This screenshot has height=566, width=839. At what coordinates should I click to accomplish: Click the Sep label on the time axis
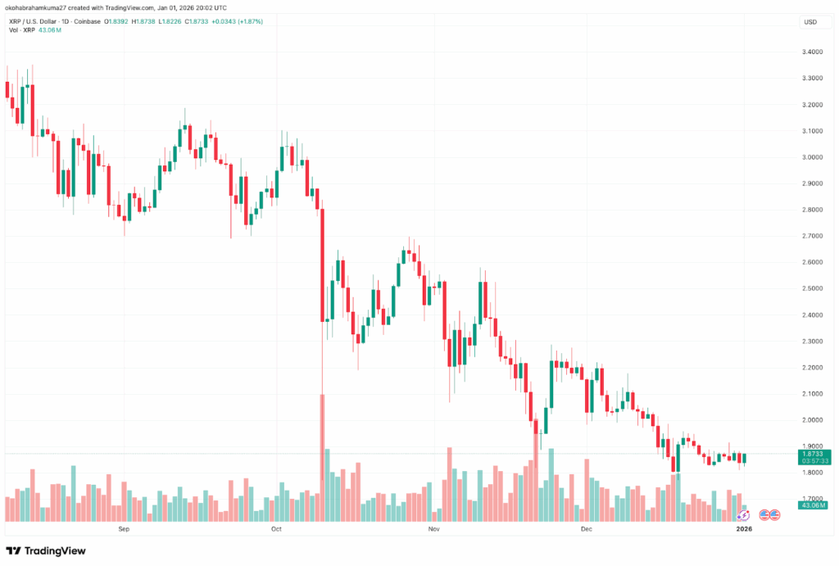click(124, 529)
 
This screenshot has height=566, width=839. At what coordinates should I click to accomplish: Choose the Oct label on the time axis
click(275, 529)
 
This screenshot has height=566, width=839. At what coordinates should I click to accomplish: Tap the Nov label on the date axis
click(434, 529)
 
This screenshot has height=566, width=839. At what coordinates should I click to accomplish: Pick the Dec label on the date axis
click(587, 529)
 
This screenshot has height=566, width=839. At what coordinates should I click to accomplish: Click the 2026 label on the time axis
click(744, 529)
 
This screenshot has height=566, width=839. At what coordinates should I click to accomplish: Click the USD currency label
click(811, 22)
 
